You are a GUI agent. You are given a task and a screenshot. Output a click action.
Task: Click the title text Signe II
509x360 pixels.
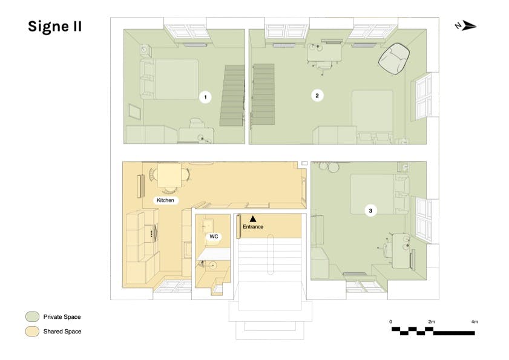pos(54,26)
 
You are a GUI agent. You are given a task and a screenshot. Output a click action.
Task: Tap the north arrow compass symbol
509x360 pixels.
pos(466,25)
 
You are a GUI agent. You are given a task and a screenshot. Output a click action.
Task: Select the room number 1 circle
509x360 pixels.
pos(205,97)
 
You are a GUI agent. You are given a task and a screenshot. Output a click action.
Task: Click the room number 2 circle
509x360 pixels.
pos(317,96)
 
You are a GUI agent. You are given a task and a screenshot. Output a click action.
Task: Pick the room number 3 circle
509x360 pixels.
pos(370,211)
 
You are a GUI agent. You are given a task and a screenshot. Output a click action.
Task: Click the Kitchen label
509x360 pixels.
pos(166,200)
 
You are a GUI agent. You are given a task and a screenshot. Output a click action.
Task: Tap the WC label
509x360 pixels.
pos(214,237)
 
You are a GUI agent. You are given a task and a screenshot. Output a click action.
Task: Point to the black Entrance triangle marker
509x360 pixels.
pos(253,219)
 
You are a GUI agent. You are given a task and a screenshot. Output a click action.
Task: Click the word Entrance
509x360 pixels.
pos(253,226)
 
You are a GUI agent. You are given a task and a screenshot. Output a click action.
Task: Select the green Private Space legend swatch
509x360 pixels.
pos(33,316)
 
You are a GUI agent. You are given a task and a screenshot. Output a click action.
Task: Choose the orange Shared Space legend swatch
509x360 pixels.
pos(33,331)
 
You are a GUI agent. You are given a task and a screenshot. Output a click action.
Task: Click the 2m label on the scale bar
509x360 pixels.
pos(432,322)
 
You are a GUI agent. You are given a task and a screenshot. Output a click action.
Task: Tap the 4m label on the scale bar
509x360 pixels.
pos(475,322)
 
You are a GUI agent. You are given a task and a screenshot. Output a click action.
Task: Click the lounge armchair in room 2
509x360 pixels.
pos(394,59)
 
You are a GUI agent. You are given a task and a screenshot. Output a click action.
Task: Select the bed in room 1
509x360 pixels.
pos(169,79)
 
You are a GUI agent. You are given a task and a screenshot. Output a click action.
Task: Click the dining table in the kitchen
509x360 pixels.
pos(169,175)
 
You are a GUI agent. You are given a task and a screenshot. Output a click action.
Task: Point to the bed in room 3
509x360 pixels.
pos(379,194)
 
